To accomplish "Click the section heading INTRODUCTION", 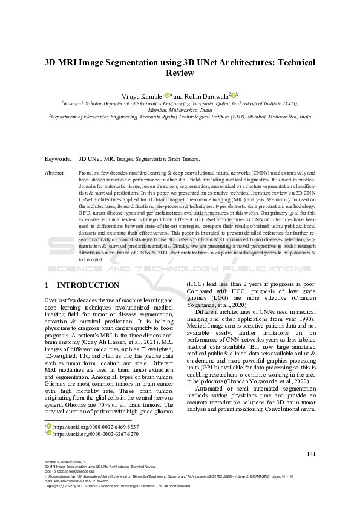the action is point(88,285).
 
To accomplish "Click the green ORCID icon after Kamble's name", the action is point(167,96).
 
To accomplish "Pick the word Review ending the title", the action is point(180,73).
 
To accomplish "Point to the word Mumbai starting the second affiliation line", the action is point(159,111).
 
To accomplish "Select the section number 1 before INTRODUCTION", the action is point(47,285).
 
